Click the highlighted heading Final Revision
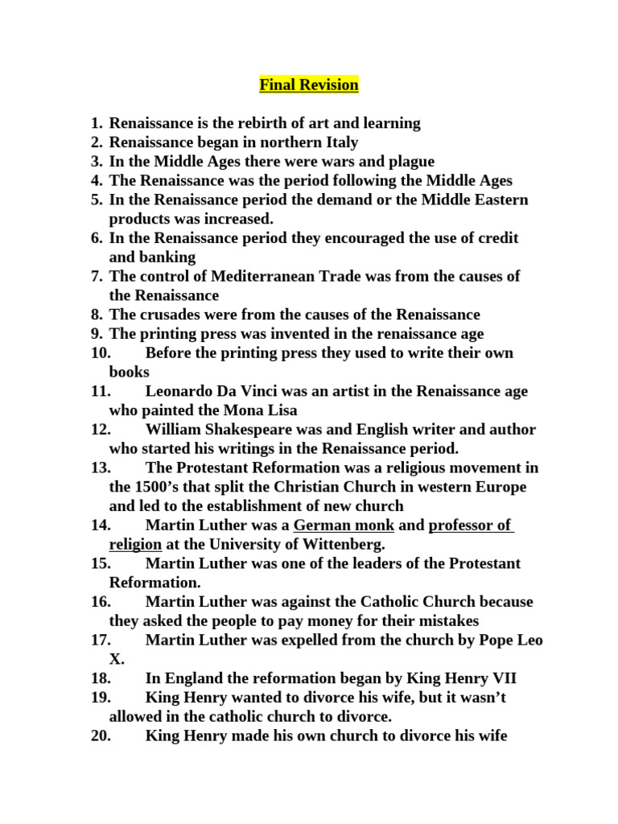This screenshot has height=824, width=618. [x=309, y=84]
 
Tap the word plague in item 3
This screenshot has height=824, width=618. [x=409, y=162]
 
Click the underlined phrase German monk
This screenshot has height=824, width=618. [x=344, y=525]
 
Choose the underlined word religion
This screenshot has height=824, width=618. [x=136, y=545]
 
